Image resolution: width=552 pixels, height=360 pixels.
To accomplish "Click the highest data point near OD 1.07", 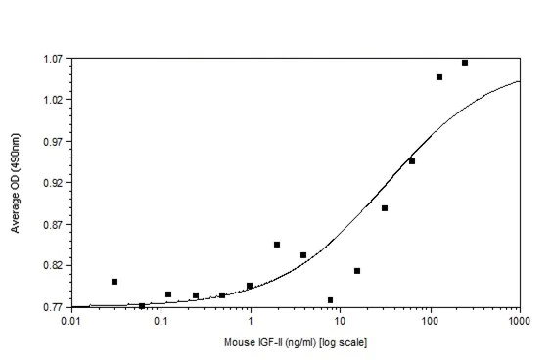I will (x=465, y=63).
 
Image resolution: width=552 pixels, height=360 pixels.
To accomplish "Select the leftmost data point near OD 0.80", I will (x=115, y=282).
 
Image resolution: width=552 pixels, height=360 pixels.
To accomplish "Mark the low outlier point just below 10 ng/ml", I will (x=331, y=300).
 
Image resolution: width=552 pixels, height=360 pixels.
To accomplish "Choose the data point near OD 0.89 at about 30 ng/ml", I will (x=385, y=208).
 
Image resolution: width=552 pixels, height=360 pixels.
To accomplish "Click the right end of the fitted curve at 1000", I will (x=519, y=81).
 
